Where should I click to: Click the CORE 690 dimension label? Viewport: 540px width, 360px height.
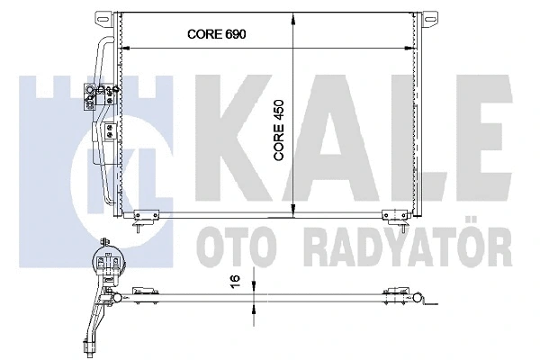[216, 34]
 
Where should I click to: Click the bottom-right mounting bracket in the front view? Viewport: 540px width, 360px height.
[393, 215]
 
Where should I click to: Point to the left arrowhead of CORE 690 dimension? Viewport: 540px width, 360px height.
[127, 46]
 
